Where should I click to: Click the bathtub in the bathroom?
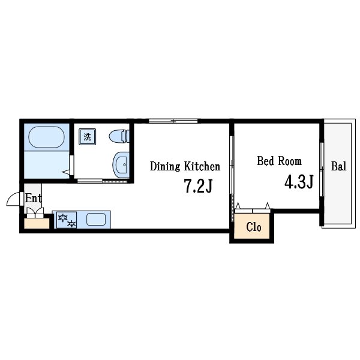click(x=46, y=137)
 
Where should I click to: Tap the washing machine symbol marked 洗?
click(x=87, y=137)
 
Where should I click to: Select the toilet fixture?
click(x=119, y=136)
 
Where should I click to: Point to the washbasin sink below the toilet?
click(x=121, y=164)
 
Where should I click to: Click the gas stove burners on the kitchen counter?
click(x=67, y=220)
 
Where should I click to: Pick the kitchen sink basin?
click(x=96, y=219)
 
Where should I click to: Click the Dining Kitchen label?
click(x=185, y=166)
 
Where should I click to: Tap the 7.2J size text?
click(x=199, y=186)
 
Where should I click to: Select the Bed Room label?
click(x=279, y=161)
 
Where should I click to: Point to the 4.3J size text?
click(x=299, y=182)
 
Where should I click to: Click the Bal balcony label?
click(x=338, y=166)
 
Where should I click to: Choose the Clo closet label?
click(x=253, y=227)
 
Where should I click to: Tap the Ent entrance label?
click(x=33, y=198)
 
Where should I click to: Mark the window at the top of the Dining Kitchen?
click(x=173, y=121)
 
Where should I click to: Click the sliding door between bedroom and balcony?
click(x=322, y=169)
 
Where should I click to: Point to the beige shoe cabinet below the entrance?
click(x=37, y=223)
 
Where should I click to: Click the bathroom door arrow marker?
click(x=66, y=172)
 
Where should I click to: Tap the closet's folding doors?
click(x=253, y=208)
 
